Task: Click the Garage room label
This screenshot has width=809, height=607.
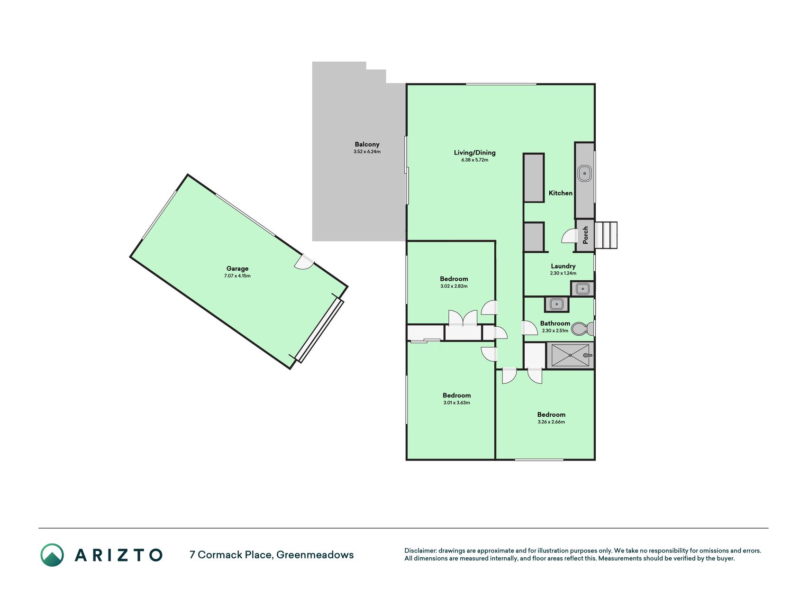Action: coord(237,268)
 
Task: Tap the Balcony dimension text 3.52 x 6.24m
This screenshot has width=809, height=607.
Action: coord(367,152)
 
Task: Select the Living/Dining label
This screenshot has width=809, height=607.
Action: coord(474,153)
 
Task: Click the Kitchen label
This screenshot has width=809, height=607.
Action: coord(561,193)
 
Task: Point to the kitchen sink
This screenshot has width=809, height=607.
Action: coord(585,174)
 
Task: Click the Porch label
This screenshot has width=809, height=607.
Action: coord(585,235)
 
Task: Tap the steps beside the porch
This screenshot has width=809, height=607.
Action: coord(606,235)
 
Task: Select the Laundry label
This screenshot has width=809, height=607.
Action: coord(563,266)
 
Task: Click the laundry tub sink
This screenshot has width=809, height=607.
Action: coord(582,288)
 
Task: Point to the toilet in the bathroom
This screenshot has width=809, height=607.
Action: coord(582,328)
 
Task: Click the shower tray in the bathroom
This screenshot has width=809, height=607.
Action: coord(570,355)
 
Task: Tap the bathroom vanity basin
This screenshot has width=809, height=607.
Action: coord(557,304)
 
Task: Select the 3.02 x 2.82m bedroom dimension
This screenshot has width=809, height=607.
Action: coord(454,286)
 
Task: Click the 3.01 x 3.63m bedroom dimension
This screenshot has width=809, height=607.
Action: coord(457,403)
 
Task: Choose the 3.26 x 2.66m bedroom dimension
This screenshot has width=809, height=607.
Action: coord(551,422)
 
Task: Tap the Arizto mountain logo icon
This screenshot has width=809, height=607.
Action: coord(52,555)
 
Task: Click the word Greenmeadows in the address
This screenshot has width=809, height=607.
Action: coord(315,555)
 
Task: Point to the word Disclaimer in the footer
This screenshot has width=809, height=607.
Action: coord(420,551)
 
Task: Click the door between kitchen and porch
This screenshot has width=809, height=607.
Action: coord(568,236)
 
